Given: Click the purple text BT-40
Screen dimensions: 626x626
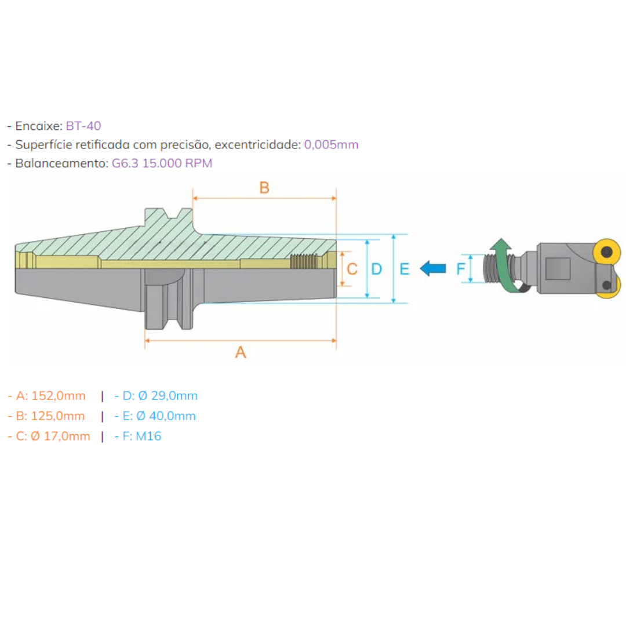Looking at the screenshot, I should pos(83,125).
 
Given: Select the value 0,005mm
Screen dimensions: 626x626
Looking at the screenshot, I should pos(331,144).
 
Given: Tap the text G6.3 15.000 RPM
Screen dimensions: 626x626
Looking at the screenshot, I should pos(162,163).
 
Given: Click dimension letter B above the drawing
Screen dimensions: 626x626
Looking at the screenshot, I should pos(264,188).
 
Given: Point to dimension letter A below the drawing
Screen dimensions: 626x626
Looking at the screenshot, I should pos(241,351).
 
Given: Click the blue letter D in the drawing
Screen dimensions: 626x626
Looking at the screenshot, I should pos(377,269).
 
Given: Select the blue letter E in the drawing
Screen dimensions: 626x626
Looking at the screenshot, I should pos(405,269).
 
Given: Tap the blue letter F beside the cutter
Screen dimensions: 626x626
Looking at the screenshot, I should pos(461,269).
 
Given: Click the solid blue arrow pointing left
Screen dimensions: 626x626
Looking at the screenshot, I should pos(433,268).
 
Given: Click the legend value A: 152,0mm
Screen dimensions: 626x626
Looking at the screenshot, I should pos(47,396).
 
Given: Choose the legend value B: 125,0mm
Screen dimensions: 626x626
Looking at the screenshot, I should pos(46,416).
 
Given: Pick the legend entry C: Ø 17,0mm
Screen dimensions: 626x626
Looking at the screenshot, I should pos(49,436).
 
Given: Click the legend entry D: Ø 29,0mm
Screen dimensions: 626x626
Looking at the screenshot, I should pos(156,396).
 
